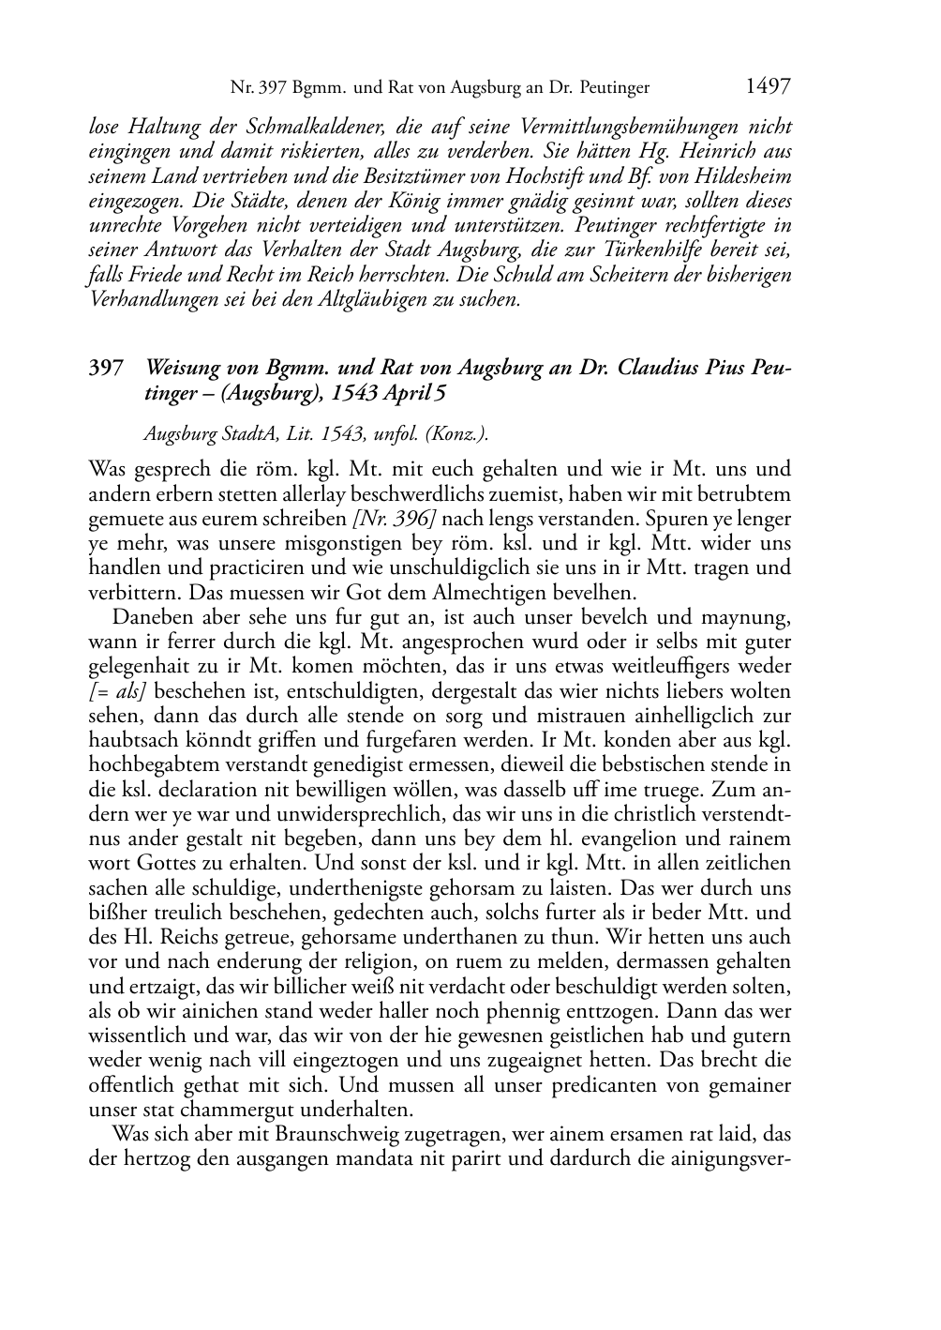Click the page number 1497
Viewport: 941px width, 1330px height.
pyautogui.click(x=768, y=87)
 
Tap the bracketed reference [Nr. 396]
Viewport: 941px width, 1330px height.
pyautogui.click(x=394, y=519)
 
